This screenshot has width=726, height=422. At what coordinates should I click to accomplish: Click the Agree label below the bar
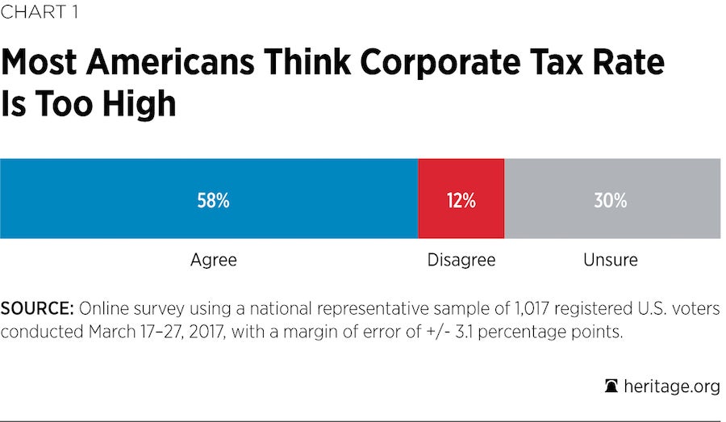213,261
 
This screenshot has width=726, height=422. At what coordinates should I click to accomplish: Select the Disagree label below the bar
461,261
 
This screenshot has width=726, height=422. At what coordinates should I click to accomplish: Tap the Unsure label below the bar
611,261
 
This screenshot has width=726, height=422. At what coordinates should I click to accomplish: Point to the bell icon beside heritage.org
611,386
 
